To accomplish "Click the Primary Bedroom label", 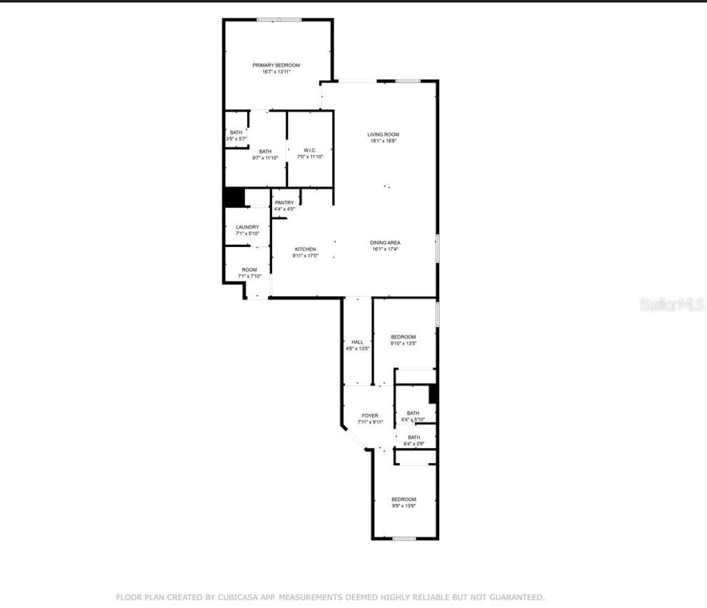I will (x=275, y=65).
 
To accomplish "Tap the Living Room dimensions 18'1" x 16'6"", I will (x=383, y=141).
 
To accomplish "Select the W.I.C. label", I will (x=309, y=150).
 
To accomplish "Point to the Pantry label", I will (x=284, y=202).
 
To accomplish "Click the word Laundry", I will (x=247, y=227).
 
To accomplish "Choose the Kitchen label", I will (x=305, y=249).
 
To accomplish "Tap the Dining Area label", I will (x=385, y=243).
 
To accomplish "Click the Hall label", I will (x=357, y=342).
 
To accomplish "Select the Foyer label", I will (x=370, y=415).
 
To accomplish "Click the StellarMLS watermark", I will (x=671, y=304).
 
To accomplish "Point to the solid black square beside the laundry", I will (x=235, y=197).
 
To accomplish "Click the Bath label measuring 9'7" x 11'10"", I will (x=265, y=152).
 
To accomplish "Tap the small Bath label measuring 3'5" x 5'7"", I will (x=236, y=133).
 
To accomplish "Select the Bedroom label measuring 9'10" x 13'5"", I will (x=403, y=337).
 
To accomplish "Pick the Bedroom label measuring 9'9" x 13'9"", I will (x=403, y=500).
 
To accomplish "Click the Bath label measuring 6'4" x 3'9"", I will (x=414, y=438).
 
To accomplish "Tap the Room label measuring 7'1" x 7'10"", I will (x=249, y=270).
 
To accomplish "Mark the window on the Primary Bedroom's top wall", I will (x=279, y=19).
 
